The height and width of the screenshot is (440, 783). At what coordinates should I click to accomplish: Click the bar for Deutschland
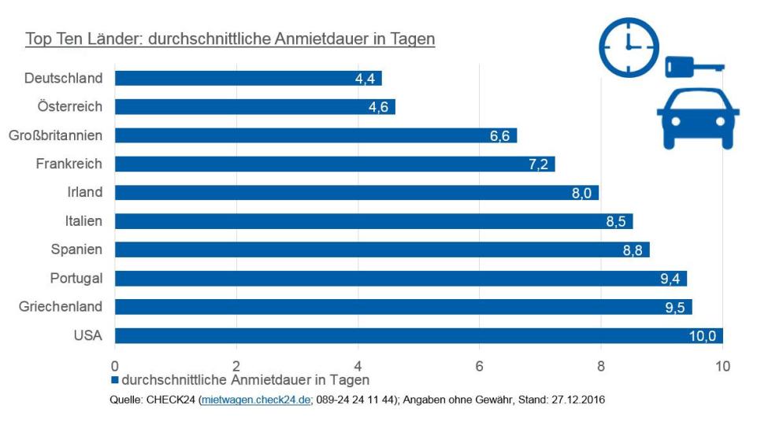click(x=248, y=78)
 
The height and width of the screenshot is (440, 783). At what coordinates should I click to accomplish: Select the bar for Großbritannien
click(x=315, y=135)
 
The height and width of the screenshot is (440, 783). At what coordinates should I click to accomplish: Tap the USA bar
click(x=418, y=336)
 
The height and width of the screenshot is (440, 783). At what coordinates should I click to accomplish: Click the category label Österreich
click(x=70, y=106)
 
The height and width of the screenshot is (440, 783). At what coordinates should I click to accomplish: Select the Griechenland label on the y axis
click(x=61, y=306)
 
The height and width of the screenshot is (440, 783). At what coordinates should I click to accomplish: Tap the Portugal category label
click(x=76, y=278)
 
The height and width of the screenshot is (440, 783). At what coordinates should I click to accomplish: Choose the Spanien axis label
click(x=77, y=250)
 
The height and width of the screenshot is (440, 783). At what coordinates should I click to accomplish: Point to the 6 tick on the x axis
click(x=479, y=366)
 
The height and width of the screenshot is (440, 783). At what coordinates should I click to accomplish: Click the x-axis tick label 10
click(x=722, y=366)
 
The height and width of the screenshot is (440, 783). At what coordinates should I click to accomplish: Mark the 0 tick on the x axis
click(x=115, y=366)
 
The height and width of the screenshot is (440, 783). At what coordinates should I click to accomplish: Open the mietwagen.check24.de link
click(x=256, y=401)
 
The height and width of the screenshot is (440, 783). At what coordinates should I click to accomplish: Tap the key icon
click(x=693, y=66)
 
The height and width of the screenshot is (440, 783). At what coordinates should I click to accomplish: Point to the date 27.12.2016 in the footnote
click(x=579, y=401)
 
